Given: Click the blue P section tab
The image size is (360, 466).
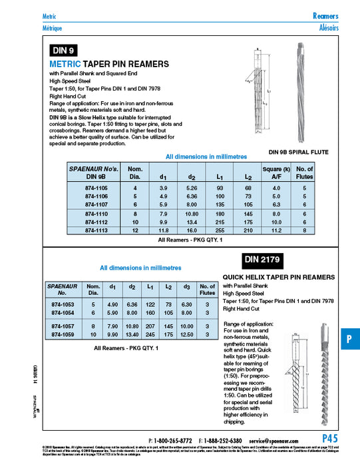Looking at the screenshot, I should (x=349, y=339).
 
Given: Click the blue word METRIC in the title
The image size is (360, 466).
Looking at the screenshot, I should (x=65, y=64).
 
